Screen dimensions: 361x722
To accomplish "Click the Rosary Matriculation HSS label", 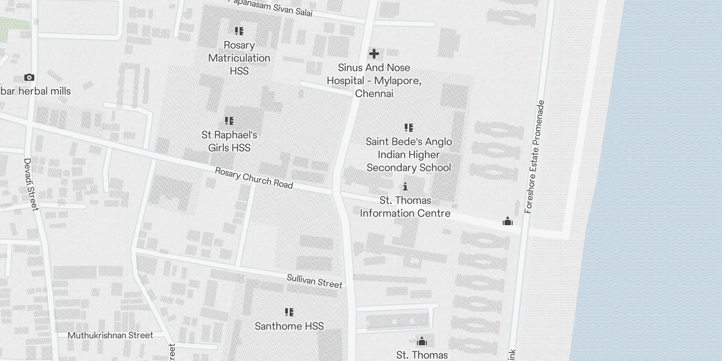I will tap(239, 58).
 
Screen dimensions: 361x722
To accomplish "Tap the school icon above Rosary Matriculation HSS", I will tap(239, 31).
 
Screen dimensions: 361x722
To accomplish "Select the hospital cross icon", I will tap(374, 54).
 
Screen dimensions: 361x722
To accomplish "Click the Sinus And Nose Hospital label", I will tap(374, 81).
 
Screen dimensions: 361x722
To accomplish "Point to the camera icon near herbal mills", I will tap(29, 78).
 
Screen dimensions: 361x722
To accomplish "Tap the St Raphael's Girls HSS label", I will tap(229, 141).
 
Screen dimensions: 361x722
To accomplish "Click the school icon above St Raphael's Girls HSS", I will tap(229, 121).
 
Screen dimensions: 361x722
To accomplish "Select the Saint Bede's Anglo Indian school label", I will tap(409, 155).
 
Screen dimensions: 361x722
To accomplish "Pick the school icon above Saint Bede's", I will tap(409, 128).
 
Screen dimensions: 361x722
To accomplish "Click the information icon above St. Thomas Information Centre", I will tap(405, 186).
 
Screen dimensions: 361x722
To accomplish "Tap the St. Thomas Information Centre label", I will tap(405, 207).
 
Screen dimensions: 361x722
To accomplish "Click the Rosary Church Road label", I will tap(254, 178).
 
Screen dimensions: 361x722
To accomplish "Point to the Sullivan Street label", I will tap(315, 281).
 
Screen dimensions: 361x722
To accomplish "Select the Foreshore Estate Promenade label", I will tap(535, 157).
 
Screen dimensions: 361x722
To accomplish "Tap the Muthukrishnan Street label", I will tap(110, 335).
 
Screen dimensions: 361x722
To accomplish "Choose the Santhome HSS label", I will tap(289, 326).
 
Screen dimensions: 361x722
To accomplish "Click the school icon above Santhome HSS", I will tap(289, 312).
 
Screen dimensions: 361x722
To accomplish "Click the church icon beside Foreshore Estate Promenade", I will tap(508, 222).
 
